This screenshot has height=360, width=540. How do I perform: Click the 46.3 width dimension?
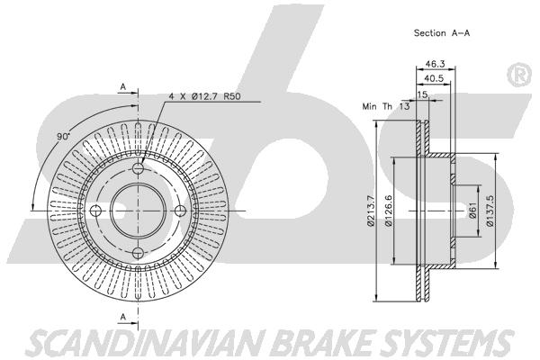coord(435,64)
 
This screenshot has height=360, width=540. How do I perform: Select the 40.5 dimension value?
coord(434,78)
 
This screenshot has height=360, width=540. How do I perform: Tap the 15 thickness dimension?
coord(422,94)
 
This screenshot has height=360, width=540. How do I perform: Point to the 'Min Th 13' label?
coord(386,106)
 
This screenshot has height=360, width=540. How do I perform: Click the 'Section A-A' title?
coord(442,33)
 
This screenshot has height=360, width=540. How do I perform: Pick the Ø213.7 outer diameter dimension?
coord(371,211)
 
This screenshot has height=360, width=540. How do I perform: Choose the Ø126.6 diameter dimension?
coord(389,211)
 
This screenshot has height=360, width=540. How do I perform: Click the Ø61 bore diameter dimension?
coord(472,210)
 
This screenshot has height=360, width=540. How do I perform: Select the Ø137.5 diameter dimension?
coord(490,211)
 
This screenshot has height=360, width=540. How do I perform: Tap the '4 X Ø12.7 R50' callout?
coord(204,96)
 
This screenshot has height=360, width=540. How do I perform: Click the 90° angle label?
coord(63,137)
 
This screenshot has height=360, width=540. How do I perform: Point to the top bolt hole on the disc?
coord(138,168)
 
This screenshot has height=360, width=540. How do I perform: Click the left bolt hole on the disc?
coord(95,211)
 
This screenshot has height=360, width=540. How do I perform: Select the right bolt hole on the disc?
coord(181,211)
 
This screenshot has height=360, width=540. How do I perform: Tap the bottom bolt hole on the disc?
coord(138,253)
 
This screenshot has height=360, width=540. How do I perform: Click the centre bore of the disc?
coord(138,211)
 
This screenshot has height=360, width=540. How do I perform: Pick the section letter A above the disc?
coord(123,87)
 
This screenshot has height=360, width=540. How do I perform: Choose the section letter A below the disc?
coord(123,317)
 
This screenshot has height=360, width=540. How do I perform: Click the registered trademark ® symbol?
coord(519,75)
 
